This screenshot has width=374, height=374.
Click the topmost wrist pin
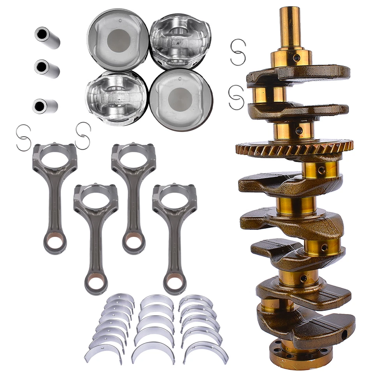(47, 37)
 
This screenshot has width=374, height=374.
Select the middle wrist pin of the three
(46, 69)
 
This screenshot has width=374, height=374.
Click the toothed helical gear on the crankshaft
(294, 148)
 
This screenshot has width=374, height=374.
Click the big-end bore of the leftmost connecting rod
(55, 159)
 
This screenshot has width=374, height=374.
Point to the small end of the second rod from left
(96, 282)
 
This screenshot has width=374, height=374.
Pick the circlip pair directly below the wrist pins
(23, 137)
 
